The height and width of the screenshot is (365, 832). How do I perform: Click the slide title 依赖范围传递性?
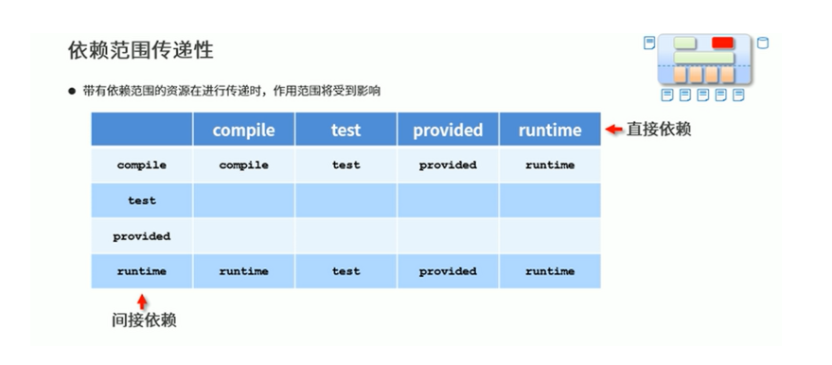coord(141,50)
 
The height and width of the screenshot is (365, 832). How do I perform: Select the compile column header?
coord(243,130)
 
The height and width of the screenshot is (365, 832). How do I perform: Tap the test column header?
coord(346,130)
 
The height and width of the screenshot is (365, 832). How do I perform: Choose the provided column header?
coord(448,130)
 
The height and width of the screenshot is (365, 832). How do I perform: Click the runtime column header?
coord(550,130)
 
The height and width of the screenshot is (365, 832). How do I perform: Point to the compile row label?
coord(142,165)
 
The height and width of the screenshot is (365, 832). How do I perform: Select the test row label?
coord(142,200)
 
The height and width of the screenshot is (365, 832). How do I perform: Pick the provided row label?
coord(142,236)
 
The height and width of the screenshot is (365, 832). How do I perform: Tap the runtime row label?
coord(142,271)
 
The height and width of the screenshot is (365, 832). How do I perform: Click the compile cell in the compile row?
coord(243,165)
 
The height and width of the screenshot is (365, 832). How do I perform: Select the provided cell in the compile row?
coord(448,165)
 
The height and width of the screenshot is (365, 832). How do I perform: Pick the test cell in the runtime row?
coord(346,271)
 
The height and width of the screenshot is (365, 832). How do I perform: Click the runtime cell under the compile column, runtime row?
coord(243,271)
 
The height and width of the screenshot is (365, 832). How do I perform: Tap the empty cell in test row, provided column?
coord(448,200)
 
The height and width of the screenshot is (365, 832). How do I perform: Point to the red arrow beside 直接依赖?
coord(614,130)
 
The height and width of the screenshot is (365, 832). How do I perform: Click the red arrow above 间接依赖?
coord(142,302)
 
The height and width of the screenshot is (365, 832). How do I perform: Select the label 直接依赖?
coord(659,130)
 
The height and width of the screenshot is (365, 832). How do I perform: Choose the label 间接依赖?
coord(144,321)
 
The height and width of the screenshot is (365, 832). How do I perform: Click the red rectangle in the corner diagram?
coord(722,43)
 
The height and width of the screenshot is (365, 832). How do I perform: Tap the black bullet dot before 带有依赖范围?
coord(72,91)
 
